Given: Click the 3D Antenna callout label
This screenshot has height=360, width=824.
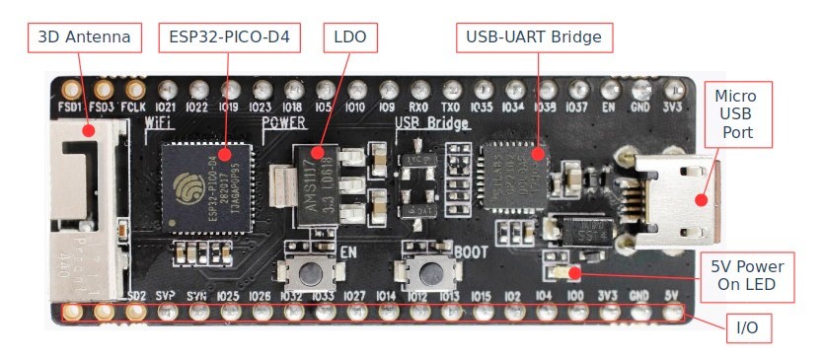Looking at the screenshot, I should click(85, 38).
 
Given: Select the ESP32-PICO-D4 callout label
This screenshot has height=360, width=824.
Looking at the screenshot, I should click(228, 38).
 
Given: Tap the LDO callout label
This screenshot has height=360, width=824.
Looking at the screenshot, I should click(350, 38).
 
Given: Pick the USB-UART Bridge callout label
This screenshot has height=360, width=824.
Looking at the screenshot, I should click(535, 38).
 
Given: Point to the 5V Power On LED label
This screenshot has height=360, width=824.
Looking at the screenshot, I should click(747, 276).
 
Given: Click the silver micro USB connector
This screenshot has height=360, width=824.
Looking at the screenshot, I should click(671, 197).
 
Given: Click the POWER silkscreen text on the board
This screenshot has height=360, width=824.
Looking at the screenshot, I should click(284, 122).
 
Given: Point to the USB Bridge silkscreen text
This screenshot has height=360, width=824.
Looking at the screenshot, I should click(432, 123).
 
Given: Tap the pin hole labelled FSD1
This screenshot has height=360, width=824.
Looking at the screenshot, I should click(70, 88).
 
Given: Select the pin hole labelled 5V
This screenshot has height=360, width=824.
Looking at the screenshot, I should click(673, 313).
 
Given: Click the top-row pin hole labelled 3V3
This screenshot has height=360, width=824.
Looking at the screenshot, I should click(674, 88).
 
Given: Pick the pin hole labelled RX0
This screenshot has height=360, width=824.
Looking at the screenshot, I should click(419, 88).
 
